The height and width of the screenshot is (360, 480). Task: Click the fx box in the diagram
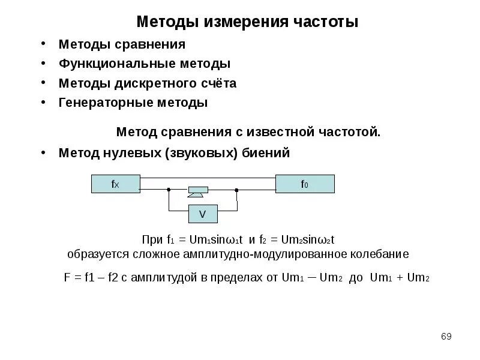pyautogui.click(x=115, y=184)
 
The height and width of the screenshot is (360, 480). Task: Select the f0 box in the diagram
pyautogui.click(x=305, y=184)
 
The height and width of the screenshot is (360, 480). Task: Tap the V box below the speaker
pyautogui.click(x=202, y=214)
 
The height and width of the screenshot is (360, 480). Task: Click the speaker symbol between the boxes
pyautogui.click(x=197, y=191)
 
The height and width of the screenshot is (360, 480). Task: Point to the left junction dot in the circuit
pyautogui.click(x=169, y=190)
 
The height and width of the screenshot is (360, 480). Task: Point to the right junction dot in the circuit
pyautogui.click(x=237, y=190)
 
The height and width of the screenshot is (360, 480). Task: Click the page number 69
pyautogui.click(x=446, y=336)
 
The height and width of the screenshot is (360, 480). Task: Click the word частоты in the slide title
pyautogui.click(x=326, y=22)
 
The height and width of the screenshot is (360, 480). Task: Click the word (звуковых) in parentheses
pyautogui.click(x=202, y=153)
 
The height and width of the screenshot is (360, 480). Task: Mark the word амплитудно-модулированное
pyautogui.click(x=264, y=254)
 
